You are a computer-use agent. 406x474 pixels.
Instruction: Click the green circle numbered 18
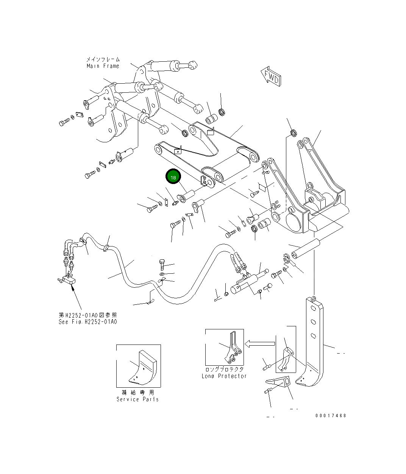pos(173,177)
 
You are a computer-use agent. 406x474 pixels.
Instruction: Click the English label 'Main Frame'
pos(103,66)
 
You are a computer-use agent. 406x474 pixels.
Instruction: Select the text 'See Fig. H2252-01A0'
pos(87,322)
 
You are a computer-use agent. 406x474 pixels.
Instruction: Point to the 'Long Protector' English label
pos(224,376)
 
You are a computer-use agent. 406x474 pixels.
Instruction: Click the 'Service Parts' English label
pos(137,399)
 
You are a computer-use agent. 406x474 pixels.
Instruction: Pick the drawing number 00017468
pos(330,416)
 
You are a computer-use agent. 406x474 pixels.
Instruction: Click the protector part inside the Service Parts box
pos(142,367)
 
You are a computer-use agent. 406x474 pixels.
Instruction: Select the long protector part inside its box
pos(232,348)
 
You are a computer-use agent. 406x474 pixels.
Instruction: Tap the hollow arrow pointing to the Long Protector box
pos(259,344)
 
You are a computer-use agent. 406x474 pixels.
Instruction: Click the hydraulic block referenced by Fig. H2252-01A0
pos(70,280)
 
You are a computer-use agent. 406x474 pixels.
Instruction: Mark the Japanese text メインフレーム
pos(103,59)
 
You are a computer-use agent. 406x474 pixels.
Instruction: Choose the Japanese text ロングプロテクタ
pos(224,369)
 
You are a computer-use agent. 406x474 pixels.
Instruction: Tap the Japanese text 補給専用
pos(138,392)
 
